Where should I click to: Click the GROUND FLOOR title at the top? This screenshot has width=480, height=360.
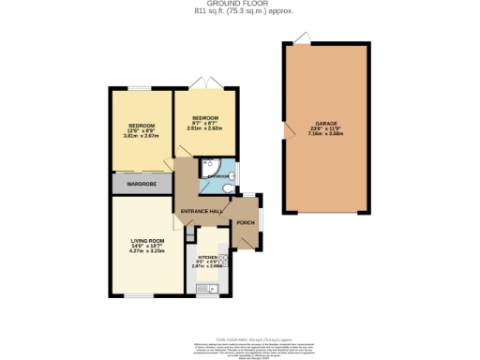[240, 4]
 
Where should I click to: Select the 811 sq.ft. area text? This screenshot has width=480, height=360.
[240, 12]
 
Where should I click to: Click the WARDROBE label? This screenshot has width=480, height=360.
[142, 183]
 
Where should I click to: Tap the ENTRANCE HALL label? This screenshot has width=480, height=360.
[201, 212]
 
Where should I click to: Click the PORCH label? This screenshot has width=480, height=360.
[246, 222]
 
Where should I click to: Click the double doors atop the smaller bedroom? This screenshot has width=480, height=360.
[204, 83]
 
